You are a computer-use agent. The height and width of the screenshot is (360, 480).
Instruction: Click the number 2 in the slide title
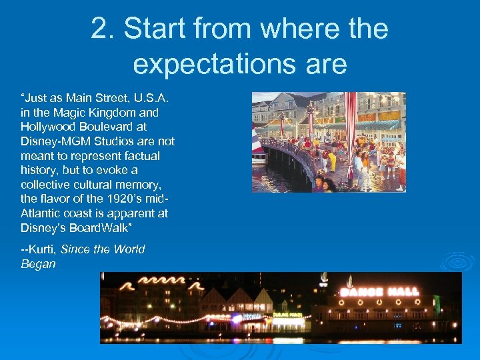(x=99, y=30)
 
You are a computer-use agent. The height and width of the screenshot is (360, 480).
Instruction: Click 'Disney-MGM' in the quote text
(x=54, y=141)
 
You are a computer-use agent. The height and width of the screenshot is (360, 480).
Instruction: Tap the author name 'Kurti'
(x=41, y=249)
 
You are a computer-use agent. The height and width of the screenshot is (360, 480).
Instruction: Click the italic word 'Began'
(x=38, y=264)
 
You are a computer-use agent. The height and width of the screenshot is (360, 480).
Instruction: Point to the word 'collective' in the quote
(x=45, y=184)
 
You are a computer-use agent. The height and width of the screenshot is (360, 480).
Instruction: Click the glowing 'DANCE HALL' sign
(x=381, y=291)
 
